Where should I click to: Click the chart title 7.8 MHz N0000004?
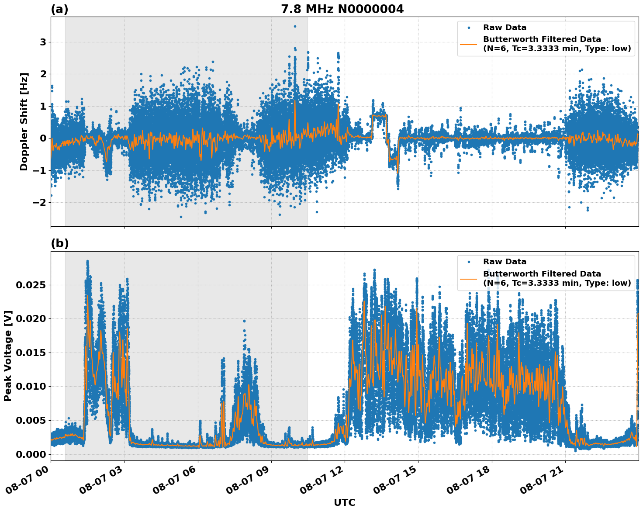coord(342,9)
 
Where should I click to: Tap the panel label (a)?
coord(59,9)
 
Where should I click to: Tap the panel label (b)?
coord(59,244)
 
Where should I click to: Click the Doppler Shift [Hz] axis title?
coord(24,121)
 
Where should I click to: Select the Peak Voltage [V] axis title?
coord(8,356)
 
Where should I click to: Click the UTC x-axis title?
coord(344,502)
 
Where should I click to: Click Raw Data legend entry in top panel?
coord(505,28)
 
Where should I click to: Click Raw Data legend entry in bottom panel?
coord(505,262)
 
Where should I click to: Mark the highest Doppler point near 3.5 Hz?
coord(295,26)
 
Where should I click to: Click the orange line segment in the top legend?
coord(469,44)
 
